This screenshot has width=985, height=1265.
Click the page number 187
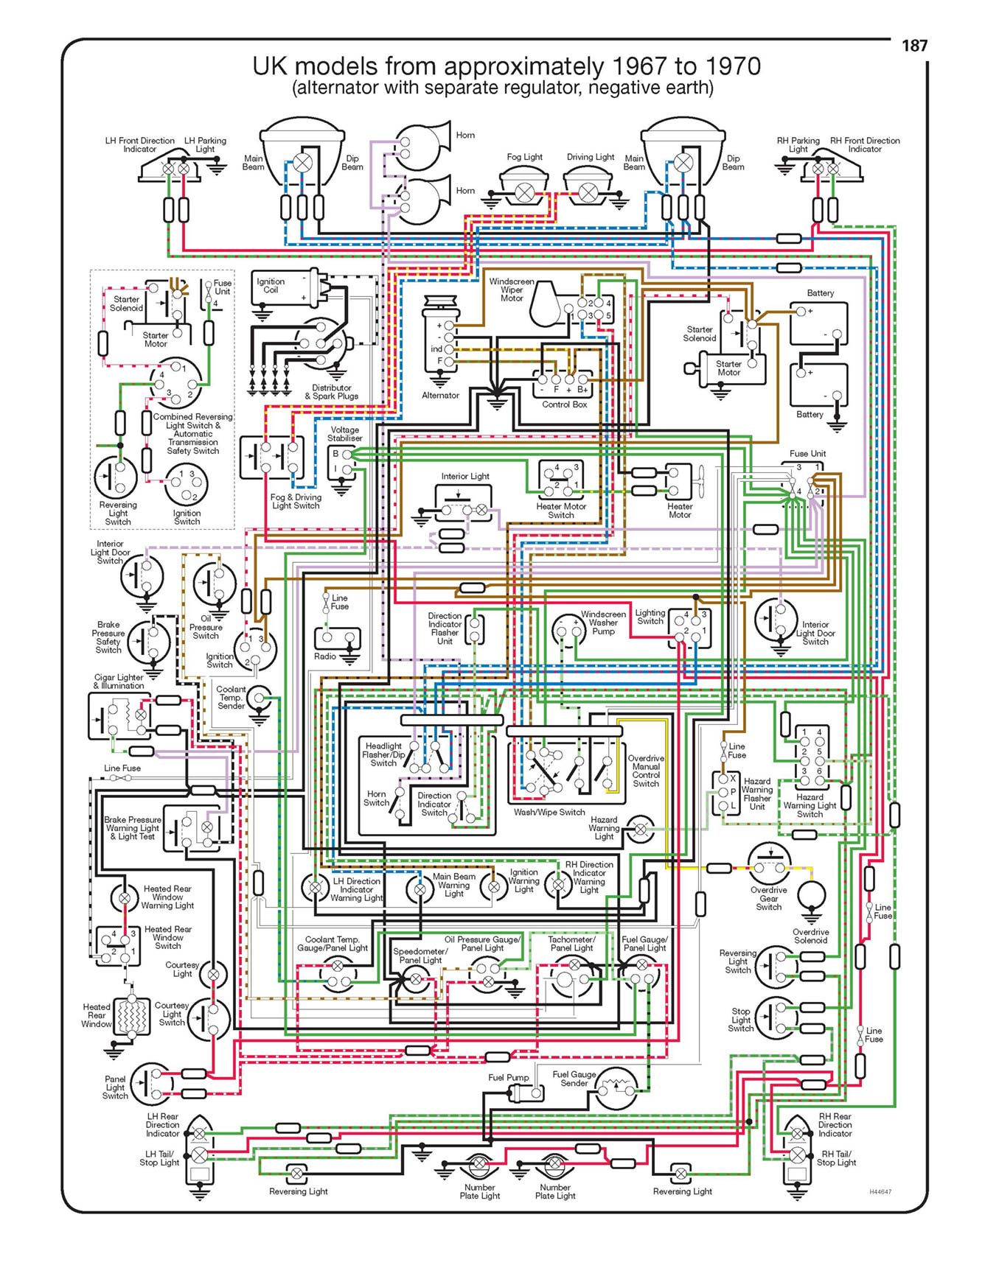click(914, 46)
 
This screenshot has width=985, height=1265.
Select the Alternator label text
click(440, 396)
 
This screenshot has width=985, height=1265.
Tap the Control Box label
click(565, 404)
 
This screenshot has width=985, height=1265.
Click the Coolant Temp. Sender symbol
click(258, 697)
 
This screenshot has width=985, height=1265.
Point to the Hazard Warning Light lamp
click(640, 829)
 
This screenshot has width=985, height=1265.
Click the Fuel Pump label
click(509, 1078)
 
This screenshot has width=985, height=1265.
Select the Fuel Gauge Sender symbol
click(615, 1090)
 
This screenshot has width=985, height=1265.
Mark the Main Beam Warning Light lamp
click(419, 889)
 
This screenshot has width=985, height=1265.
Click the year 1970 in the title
click(732, 66)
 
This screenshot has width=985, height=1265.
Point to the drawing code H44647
click(880, 1191)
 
